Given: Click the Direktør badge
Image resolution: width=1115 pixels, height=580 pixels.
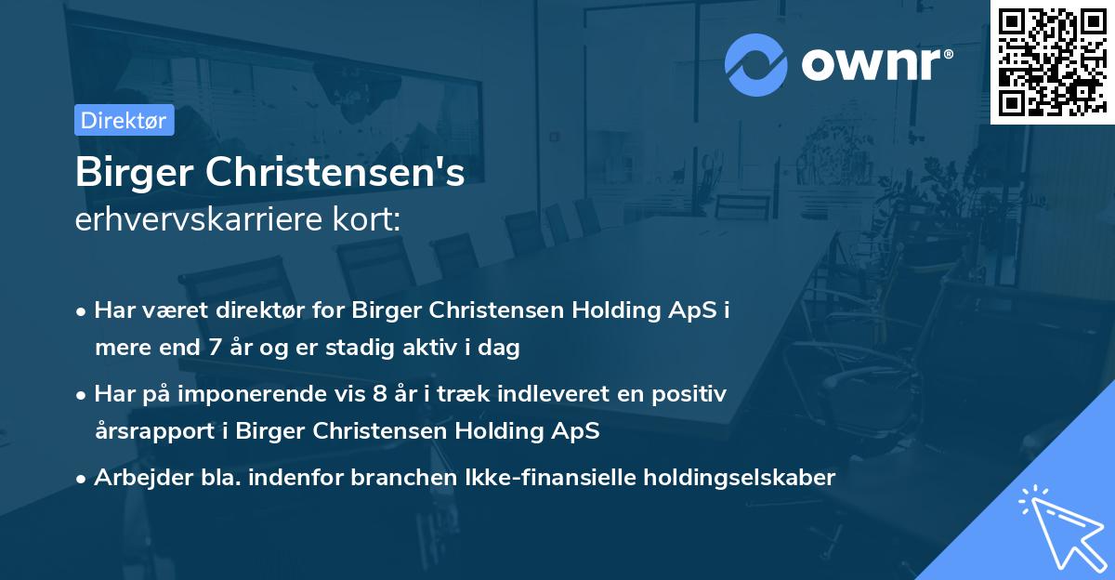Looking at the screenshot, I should [x=124, y=121].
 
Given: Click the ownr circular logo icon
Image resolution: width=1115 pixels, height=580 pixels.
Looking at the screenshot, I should [x=756, y=64].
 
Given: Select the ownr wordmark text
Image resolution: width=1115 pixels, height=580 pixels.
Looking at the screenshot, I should [x=875, y=63].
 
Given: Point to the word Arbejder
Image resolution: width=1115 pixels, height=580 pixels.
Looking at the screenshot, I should [x=135, y=478].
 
